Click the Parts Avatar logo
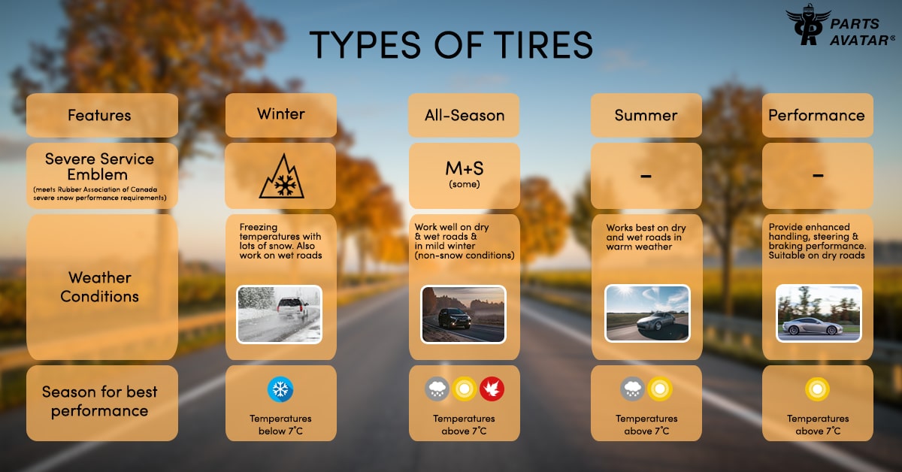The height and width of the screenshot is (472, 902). click(x=840, y=25)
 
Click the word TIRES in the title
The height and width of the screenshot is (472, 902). click(x=543, y=44)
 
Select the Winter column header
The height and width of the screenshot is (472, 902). click(x=280, y=115)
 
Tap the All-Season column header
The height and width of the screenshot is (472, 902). click(x=464, y=115)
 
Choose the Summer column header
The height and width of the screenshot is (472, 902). click(x=646, y=115)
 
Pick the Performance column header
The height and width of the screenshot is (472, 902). click(x=818, y=115)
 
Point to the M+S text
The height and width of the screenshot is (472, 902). click(x=465, y=168)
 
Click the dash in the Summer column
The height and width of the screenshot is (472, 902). click(x=646, y=176)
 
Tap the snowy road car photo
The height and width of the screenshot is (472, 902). click(x=279, y=314)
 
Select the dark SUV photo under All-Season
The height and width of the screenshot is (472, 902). click(x=463, y=314)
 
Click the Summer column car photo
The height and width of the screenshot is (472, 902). click(x=647, y=313)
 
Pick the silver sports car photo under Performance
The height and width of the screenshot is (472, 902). click(x=819, y=313)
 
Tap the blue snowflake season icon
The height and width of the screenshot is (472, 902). click(x=280, y=389)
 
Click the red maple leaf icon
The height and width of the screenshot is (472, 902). click(x=492, y=389)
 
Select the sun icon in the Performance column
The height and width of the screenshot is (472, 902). click(x=818, y=389)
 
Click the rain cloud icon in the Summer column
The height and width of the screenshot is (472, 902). click(x=633, y=389)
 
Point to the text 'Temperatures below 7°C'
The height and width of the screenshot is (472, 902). click(x=280, y=425)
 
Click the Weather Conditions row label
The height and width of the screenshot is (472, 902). click(x=100, y=287)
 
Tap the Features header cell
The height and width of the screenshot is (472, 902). click(x=102, y=115)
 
